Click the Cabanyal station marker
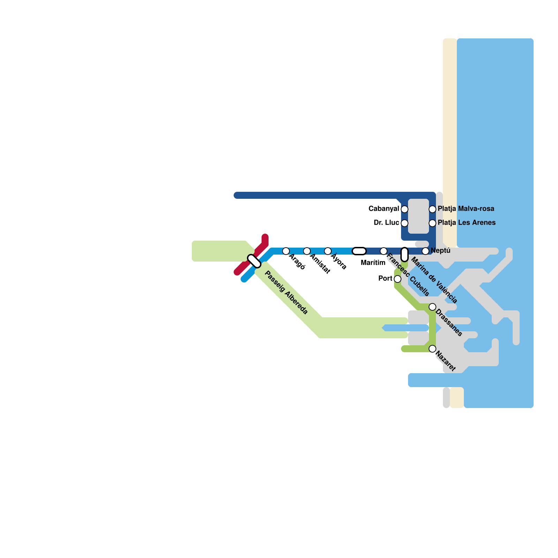tap(405, 209)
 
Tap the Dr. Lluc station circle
tap(405, 223)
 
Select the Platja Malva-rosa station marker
tap(432, 209)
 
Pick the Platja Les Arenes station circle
tap(432, 223)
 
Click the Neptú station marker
tap(425, 251)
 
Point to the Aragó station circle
tap(286, 251)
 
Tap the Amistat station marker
tap(307, 251)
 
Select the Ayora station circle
tap(328, 251)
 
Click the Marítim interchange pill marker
tap(359, 251)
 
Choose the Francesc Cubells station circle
tap(384, 251)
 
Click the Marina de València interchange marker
tap(405, 255)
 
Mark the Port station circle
tap(398, 279)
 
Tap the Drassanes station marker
tap(432, 307)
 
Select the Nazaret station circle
tap(432, 349)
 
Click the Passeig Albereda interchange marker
tap(254, 261)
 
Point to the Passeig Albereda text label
tap(286, 293)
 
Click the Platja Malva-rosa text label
tap(466, 209)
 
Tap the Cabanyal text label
tap(384, 209)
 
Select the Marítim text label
tap(373, 263)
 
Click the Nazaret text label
tap(446, 362)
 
